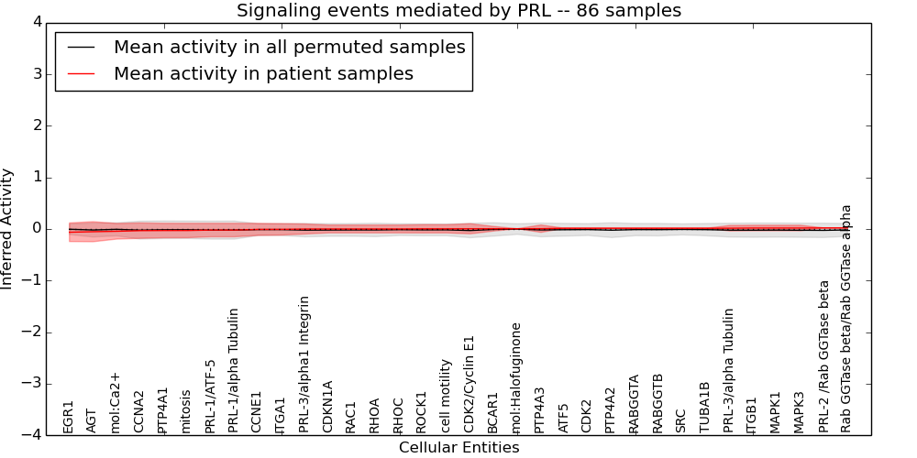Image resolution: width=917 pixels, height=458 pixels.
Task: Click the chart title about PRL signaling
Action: (458, 11)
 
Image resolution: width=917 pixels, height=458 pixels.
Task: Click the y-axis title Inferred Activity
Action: (7, 229)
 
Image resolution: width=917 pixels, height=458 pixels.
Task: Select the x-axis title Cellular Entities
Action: (458, 448)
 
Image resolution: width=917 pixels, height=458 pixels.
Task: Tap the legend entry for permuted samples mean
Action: (289, 47)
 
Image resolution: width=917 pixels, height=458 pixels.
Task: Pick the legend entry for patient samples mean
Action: (263, 74)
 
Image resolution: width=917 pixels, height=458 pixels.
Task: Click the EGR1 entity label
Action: (68, 417)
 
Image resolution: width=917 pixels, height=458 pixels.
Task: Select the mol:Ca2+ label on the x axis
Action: (116, 402)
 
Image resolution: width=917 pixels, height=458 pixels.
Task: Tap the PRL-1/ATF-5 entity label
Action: (210, 396)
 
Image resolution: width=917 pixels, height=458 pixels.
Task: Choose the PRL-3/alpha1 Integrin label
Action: (304, 364)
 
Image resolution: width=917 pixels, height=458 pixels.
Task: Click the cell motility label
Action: (446, 396)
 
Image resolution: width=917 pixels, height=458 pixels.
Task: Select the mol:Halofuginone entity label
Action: (516, 377)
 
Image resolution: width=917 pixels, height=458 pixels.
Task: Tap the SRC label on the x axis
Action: (681, 420)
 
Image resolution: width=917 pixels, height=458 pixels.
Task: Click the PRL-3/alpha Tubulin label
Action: (729, 370)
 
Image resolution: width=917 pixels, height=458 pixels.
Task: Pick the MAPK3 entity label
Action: (800, 412)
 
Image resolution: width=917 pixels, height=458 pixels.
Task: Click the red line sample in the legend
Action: (79, 74)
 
